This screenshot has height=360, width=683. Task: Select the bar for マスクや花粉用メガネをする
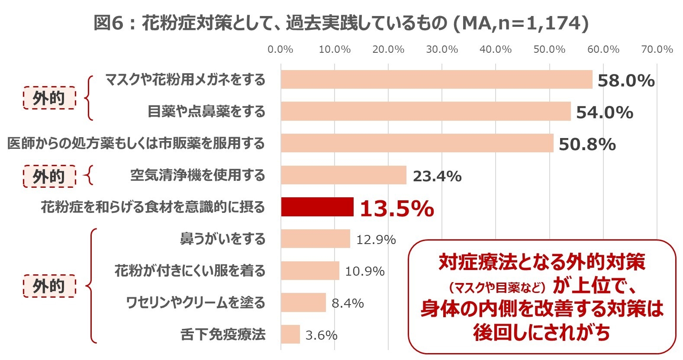pyautogui.click(x=436, y=80)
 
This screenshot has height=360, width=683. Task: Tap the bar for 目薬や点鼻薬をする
pyautogui.click(x=425, y=111)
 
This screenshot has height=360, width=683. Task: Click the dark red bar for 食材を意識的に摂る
pyautogui.click(x=317, y=207)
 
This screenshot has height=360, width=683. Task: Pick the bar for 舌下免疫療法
pyautogui.click(x=290, y=334)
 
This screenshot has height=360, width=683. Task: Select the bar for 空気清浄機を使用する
pyautogui.click(x=343, y=175)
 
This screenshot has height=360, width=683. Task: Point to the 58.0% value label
pyautogui.click(x=626, y=81)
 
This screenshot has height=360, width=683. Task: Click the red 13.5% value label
pyautogui.click(x=396, y=209)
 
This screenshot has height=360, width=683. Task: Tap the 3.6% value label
pyautogui.click(x=321, y=335)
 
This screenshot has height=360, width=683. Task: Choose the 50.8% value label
pyautogui.click(x=587, y=145)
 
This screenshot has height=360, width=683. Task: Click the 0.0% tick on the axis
pyautogui.click(x=280, y=49)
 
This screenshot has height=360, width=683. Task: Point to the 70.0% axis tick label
pyautogui.click(x=657, y=49)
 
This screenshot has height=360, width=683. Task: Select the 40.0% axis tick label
pyautogui.click(x=496, y=49)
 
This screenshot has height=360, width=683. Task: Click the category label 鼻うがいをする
pyautogui.click(x=222, y=239)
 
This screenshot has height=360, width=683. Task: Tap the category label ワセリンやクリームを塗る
pyautogui.click(x=195, y=302)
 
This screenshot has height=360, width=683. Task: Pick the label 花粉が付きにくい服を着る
pyautogui.click(x=190, y=271)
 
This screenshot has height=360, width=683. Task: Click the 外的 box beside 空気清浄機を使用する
pyautogui.click(x=49, y=177)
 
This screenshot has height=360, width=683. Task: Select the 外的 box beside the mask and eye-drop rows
pyautogui.click(x=49, y=98)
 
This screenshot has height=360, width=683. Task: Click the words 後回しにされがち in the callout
pyautogui.click(x=541, y=332)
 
